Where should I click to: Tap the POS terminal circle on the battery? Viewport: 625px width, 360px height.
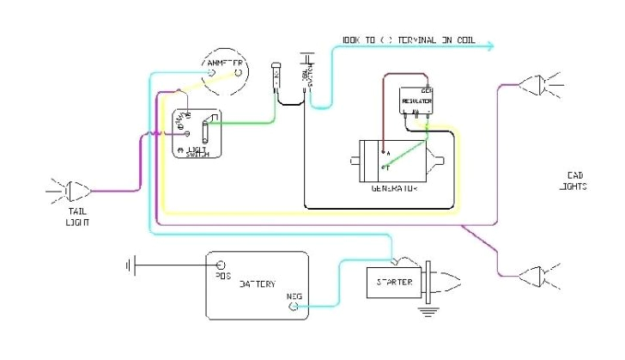click(220, 265)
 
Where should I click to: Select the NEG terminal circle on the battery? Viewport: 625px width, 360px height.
click(297, 304)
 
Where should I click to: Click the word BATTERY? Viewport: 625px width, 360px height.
click(257, 284)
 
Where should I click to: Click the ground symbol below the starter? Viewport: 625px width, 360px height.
click(427, 310)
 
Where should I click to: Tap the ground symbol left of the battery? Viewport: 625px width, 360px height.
click(130, 265)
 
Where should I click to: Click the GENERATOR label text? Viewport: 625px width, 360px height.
click(395, 186)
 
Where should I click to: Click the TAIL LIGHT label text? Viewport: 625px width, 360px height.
click(77, 217)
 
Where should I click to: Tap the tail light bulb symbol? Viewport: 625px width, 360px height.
click(72, 191)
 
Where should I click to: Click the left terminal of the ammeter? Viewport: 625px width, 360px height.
click(211, 76)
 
